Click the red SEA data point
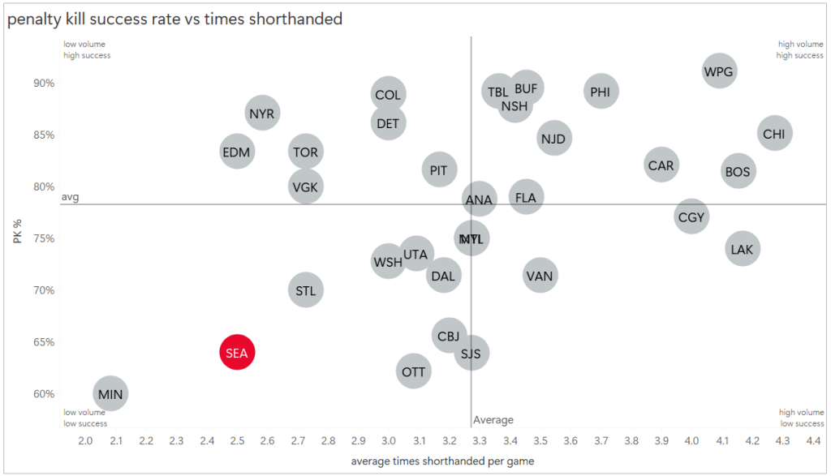[237, 352]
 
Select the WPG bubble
[719, 71]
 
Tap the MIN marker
[110, 394]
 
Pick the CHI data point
[774, 134]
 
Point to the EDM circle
[236, 152]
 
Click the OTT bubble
[413, 372]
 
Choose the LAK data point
[742, 249]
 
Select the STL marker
[305, 290]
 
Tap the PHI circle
[601, 92]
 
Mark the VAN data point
[540, 276]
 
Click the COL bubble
[388, 95]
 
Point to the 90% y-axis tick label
[44, 83]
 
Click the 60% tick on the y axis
[44, 394]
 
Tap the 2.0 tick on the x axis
[85, 440]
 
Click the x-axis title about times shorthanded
[442, 461]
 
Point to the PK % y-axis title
[17, 230]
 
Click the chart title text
[174, 19]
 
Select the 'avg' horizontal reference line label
[71, 197]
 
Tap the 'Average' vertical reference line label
[493, 420]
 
